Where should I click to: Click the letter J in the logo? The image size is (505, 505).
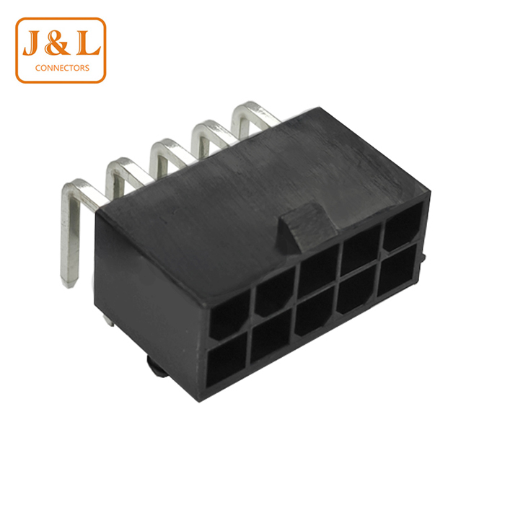pos(32,43)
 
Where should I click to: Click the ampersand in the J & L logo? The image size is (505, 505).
pos(57,43)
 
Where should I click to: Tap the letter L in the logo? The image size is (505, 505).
pos(88,43)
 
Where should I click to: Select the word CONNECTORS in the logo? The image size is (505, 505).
pos(62,68)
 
